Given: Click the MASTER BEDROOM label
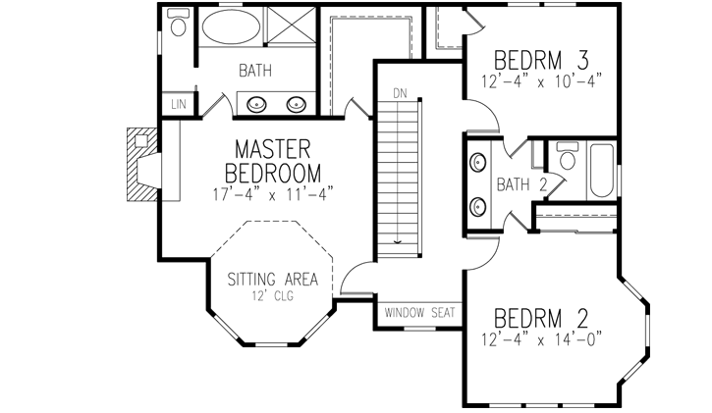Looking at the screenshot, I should tap(272, 161).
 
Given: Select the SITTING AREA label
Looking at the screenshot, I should tap(272, 278).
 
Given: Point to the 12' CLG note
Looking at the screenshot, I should tap(272, 294).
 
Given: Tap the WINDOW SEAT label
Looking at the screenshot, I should tap(419, 313).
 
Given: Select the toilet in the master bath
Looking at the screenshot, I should tap(178, 26).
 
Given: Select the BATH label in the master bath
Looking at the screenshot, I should tap(254, 71).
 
